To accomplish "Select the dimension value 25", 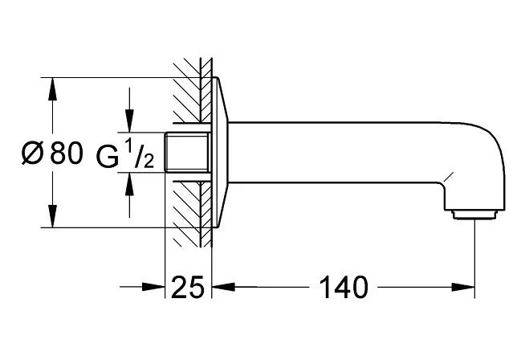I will click(190, 287).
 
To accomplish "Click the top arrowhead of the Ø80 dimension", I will click(53, 89).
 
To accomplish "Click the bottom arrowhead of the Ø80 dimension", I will click(53, 216).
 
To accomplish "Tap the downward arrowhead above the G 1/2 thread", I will click(127, 121).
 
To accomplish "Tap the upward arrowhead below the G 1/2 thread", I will click(127, 186).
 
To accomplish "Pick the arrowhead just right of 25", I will click(223, 287).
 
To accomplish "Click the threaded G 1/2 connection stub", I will click(187, 153).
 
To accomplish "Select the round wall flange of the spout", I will click(222, 153).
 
